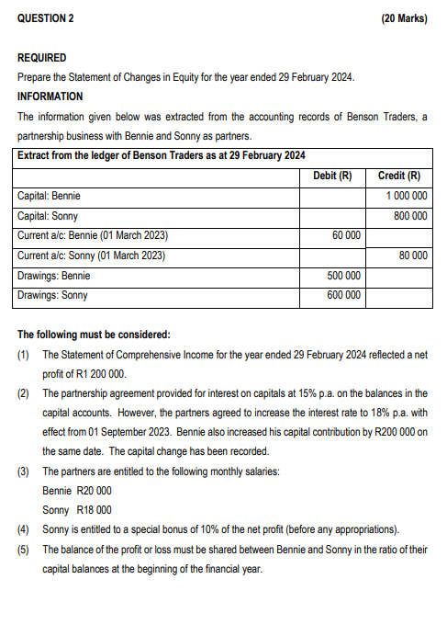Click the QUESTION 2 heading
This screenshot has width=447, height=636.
pos(45,18)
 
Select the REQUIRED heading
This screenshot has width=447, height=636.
pos(42,57)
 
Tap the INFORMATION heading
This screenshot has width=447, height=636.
pos(50,96)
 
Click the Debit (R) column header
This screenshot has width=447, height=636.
pos(332,176)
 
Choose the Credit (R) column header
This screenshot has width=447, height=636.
pos(399,176)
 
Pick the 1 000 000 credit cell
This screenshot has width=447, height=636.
pos(407,196)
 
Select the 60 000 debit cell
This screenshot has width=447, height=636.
pos(346,236)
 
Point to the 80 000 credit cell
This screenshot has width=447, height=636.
pos(413,256)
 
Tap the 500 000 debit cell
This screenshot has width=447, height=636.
pos(343,276)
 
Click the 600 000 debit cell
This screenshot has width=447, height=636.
pos(343,296)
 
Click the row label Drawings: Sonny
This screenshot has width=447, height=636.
pos(53,296)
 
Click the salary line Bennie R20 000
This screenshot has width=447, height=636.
pos(77,491)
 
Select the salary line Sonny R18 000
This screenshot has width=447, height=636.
pos(77,510)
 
